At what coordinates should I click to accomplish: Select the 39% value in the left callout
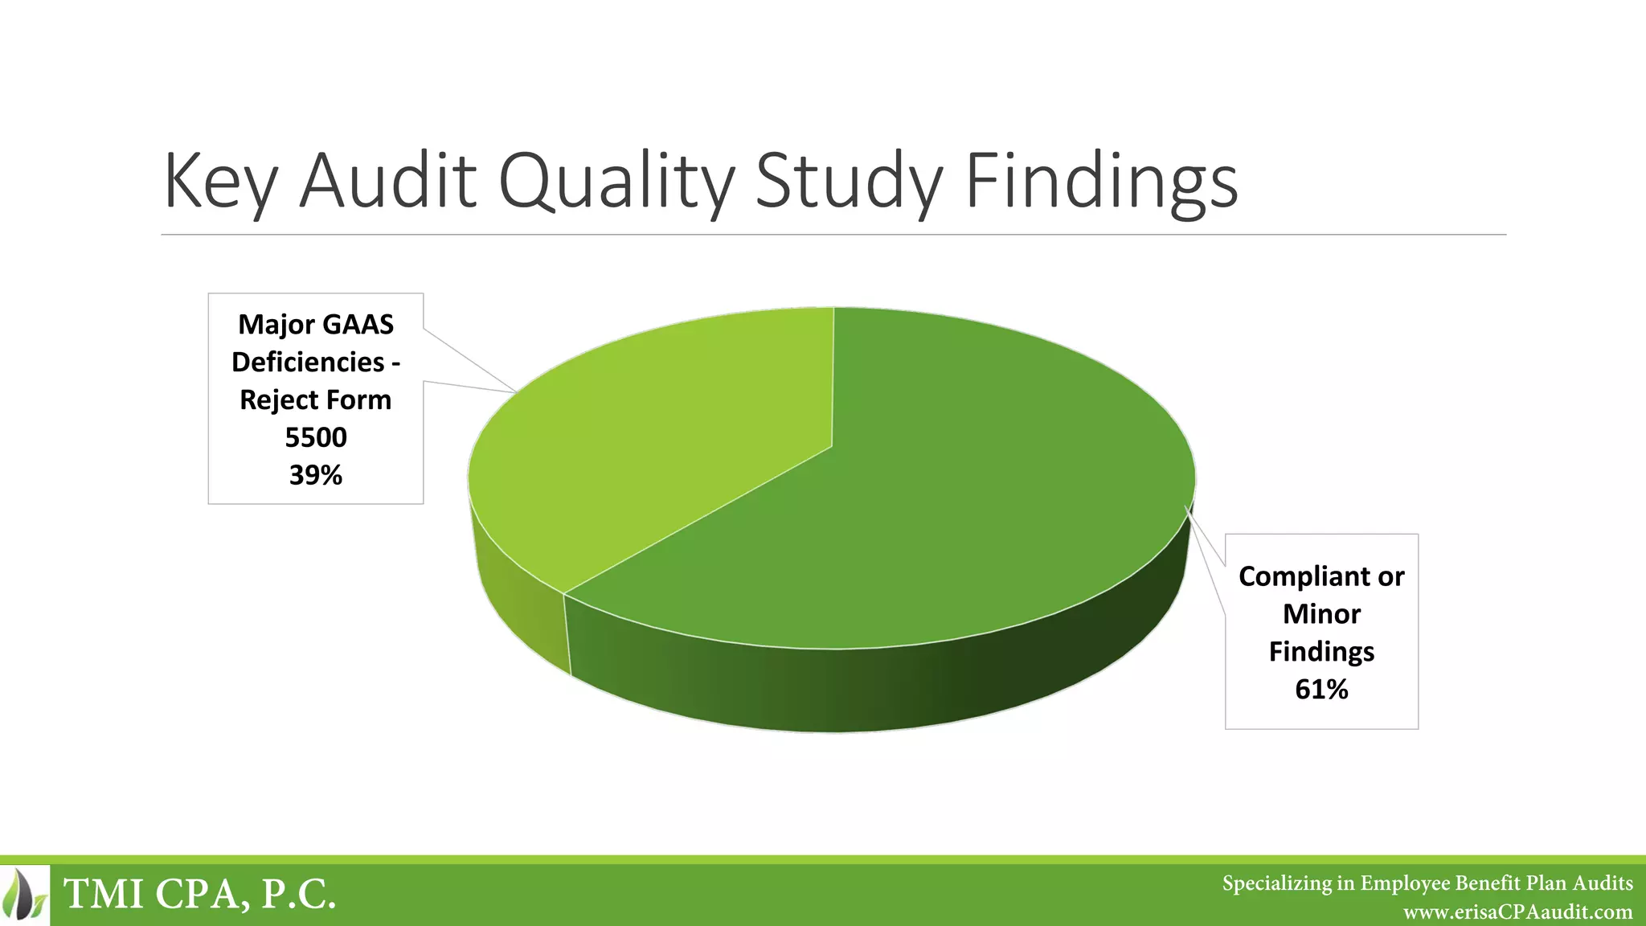click(316, 475)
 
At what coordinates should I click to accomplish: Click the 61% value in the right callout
click(1321, 689)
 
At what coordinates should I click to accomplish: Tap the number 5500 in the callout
click(316, 437)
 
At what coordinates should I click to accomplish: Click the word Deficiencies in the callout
click(308, 362)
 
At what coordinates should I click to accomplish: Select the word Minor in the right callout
click(1321, 614)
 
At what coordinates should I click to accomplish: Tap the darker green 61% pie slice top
click(964, 498)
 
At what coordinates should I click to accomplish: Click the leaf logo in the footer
click(25, 894)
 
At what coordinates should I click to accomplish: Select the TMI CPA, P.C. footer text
click(199, 894)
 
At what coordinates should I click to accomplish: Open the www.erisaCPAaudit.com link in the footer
click(1517, 912)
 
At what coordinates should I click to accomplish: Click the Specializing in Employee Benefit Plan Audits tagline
click(1427, 883)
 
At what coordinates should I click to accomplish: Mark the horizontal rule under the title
click(833, 235)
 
